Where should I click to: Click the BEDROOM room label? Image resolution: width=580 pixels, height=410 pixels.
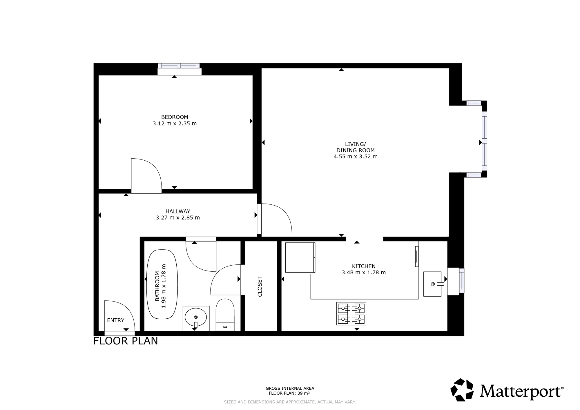(175, 117)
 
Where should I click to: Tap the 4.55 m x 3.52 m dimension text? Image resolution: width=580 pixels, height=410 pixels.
(355, 157)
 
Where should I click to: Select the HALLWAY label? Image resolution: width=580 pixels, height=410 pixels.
(177, 211)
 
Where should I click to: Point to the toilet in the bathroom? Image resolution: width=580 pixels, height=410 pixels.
(225, 314)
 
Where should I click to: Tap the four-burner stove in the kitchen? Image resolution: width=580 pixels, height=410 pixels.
(351, 313)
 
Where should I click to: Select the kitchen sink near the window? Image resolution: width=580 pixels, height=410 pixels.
(432, 284)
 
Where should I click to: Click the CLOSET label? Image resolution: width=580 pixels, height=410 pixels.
(260, 286)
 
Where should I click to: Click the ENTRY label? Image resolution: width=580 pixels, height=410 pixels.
(115, 320)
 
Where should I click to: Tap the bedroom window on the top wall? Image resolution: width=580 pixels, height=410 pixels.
(179, 66)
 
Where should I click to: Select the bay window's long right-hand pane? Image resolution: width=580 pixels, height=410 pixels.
(484, 142)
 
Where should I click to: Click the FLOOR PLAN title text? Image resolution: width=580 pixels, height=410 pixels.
(126, 341)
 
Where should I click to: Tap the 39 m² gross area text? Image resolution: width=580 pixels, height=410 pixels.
(289, 393)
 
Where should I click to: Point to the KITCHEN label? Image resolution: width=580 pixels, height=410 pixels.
(364, 266)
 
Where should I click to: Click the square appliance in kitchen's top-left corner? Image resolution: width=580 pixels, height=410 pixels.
(300, 257)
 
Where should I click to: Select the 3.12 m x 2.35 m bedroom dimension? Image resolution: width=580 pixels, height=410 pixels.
(175, 124)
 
